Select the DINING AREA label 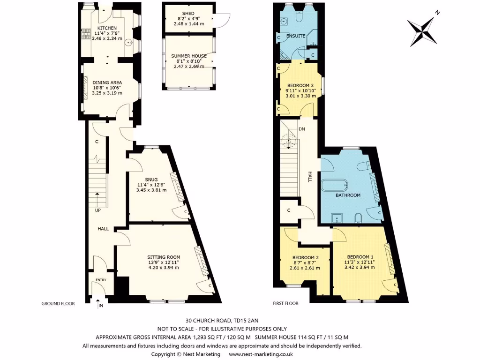tap(107, 82)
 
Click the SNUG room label tap(151, 179)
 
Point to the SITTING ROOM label tap(164, 257)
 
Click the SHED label tap(188, 14)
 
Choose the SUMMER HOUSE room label tap(188, 56)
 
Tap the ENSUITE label tap(296, 36)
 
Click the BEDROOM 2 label tap(305, 257)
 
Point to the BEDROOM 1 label tap(360, 257)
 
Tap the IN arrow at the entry tap(100, 305)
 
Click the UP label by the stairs tap(97, 210)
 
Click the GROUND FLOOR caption tap(58, 304)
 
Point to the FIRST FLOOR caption tap(285, 304)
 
